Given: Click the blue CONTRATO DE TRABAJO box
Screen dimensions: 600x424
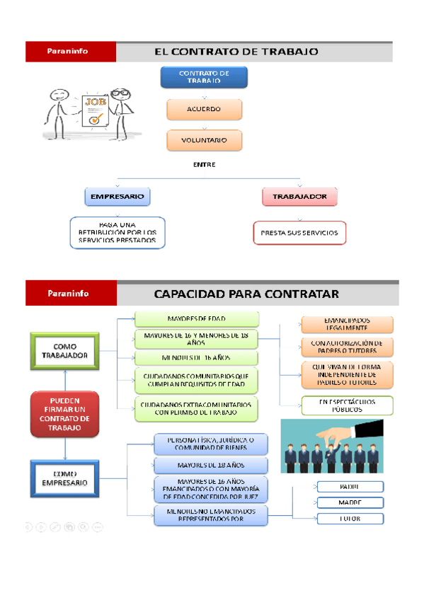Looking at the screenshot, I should [204, 77].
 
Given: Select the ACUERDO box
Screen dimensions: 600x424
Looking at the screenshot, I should [204, 109].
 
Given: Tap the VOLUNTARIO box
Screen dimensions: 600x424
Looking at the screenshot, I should [204, 140].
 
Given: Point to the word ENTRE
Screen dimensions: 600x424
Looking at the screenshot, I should [204, 165].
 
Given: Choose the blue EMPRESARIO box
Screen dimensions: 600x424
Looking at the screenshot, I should [118, 196].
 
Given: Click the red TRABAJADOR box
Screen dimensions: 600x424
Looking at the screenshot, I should [299, 197].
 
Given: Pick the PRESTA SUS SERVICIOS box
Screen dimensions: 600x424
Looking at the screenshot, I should [299, 232].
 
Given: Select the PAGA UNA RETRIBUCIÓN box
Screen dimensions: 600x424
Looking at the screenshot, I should [118, 232].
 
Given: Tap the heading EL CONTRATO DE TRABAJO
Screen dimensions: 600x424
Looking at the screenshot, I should [236, 52].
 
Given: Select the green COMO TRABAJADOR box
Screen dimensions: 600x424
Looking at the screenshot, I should [65, 351].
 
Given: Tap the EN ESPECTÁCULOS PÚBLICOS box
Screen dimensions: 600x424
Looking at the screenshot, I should [347, 405].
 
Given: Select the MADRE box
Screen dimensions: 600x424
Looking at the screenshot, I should [349, 502].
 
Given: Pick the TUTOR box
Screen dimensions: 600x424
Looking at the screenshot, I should [349, 519].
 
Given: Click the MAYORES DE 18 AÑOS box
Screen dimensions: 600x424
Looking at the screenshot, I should [211, 465].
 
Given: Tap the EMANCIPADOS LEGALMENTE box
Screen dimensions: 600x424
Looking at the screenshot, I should [347, 324].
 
